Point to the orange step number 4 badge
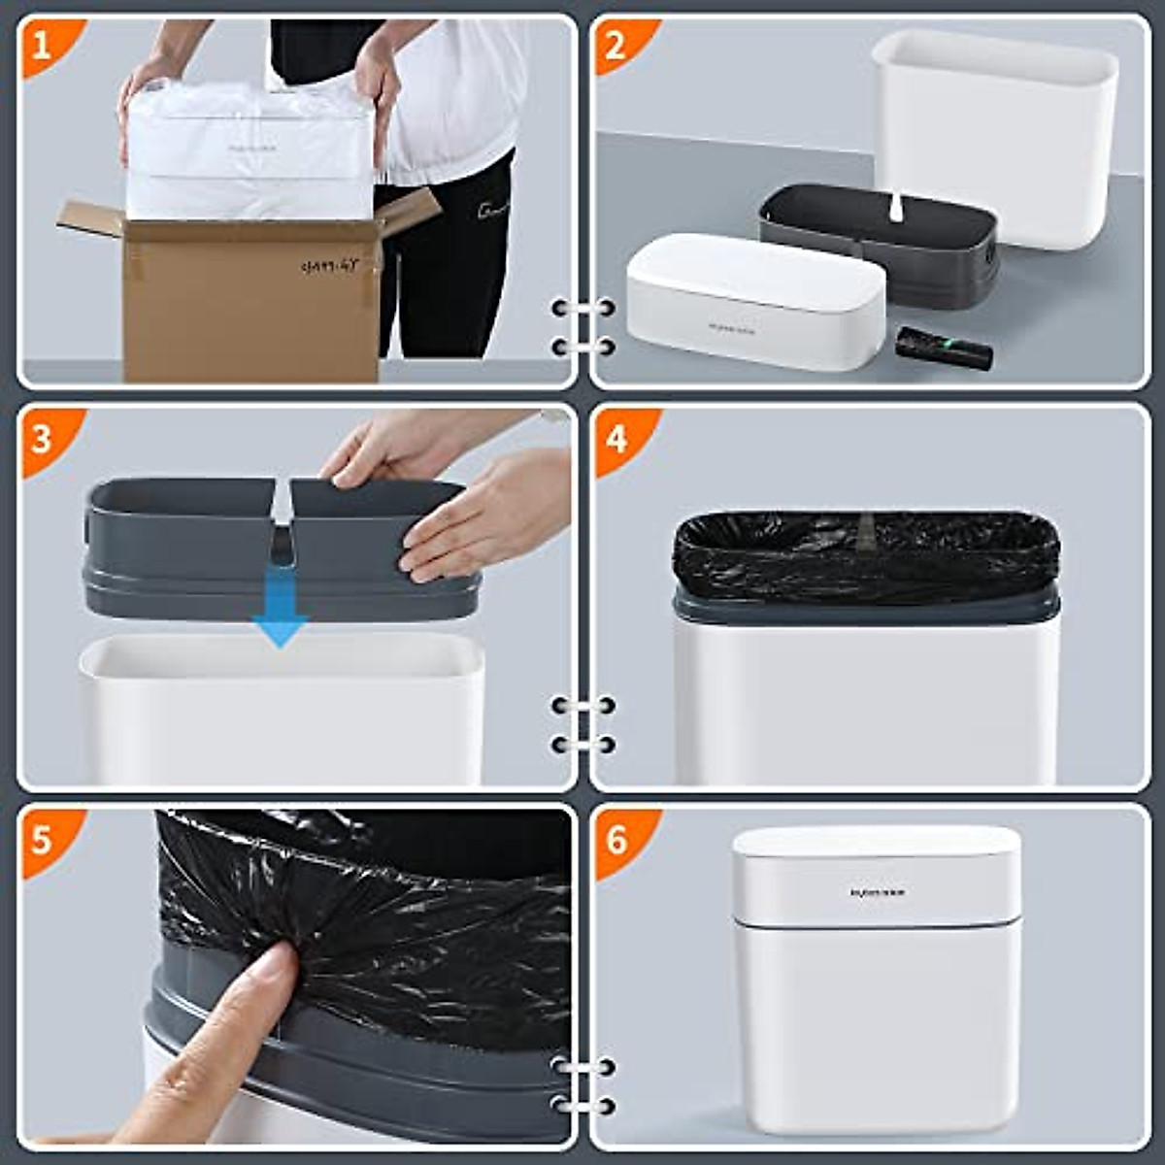[616, 438]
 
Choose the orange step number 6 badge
[616, 838]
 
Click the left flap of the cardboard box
[92, 218]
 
